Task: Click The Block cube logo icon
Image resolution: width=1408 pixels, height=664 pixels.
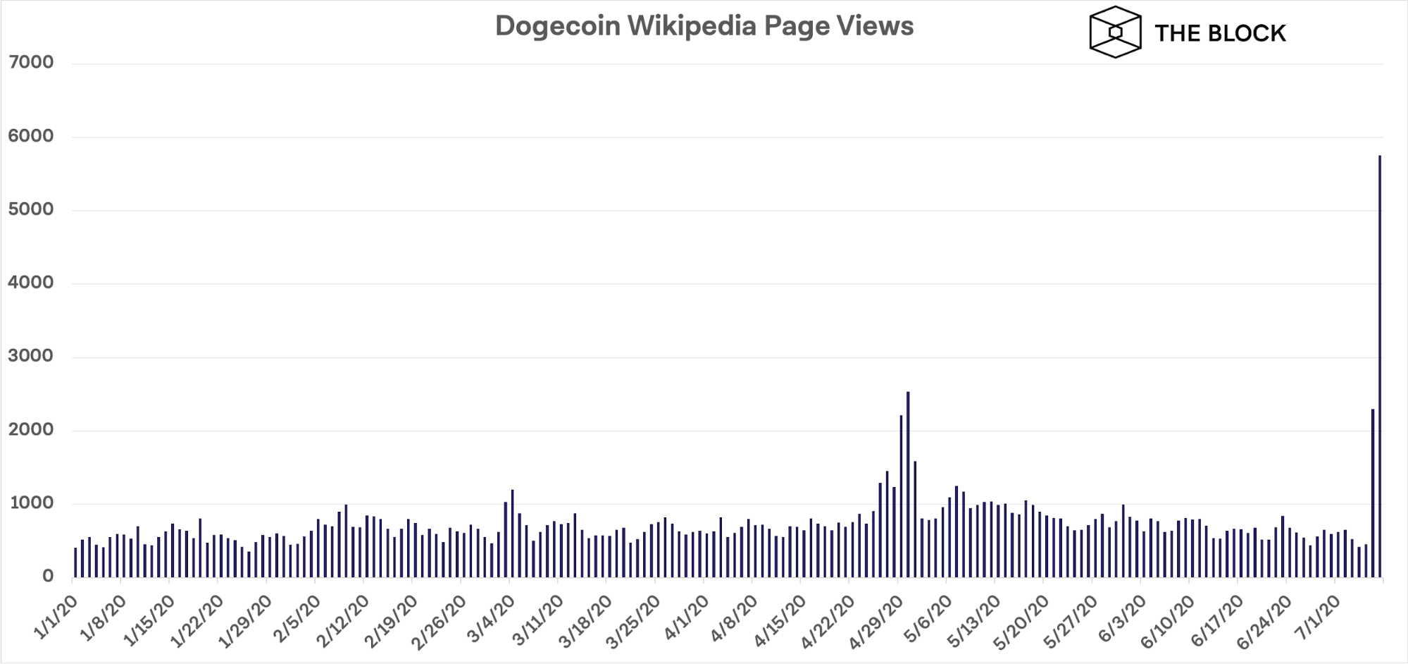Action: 1114,32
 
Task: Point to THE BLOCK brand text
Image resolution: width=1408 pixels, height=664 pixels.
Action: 1220,33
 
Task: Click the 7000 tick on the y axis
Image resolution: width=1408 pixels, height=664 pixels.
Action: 31,62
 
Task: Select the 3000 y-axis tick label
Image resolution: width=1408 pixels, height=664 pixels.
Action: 31,356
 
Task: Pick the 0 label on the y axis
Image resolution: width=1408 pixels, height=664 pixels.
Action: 47,576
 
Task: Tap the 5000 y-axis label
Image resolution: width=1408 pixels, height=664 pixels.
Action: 31,209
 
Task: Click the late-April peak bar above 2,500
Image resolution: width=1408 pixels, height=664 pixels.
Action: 908,484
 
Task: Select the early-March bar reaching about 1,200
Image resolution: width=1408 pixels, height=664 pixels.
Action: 512,533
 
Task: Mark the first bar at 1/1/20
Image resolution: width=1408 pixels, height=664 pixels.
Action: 75,562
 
